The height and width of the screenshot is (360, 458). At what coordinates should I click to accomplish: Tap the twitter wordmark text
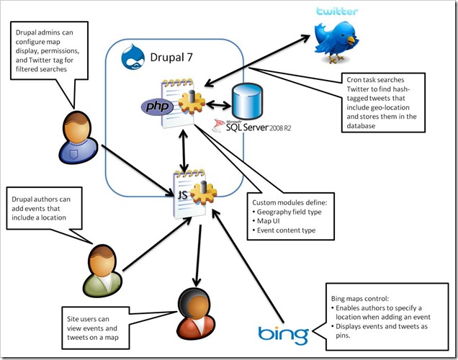[339, 12]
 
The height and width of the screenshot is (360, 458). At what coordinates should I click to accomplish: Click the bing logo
[283, 335]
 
